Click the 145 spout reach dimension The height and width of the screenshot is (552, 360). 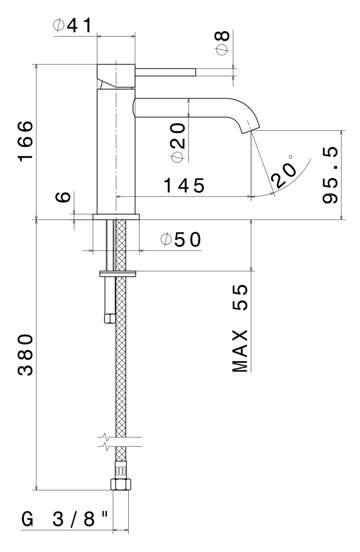click(x=185, y=186)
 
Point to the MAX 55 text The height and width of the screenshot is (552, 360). click(x=240, y=328)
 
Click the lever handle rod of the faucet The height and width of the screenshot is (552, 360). click(x=166, y=72)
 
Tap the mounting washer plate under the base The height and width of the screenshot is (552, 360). click(x=118, y=274)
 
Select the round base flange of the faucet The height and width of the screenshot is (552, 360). click(x=115, y=217)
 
